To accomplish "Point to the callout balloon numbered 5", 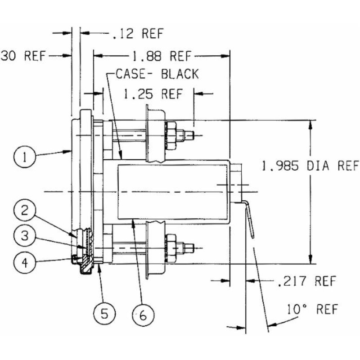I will (104, 312).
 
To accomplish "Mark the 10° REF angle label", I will (311, 310).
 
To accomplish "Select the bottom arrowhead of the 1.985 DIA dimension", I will (310, 259).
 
